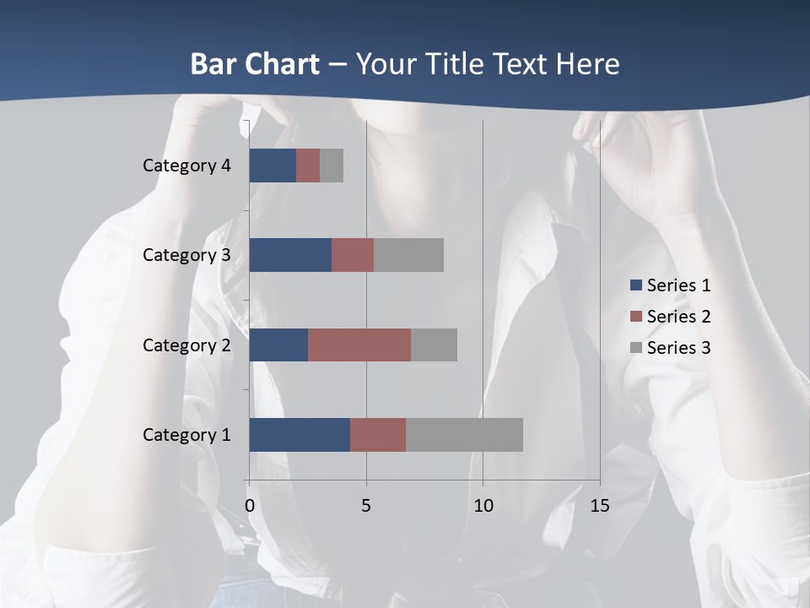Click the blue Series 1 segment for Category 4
tap(273, 166)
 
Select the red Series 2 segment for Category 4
tap(308, 166)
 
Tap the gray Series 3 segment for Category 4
tap(332, 166)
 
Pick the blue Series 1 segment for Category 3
tap(290, 255)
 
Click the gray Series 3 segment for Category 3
tap(408, 255)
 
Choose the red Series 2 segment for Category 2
tap(359, 345)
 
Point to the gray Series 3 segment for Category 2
tap(434, 345)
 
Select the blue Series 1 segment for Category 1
tap(300, 435)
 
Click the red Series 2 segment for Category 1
tap(378, 435)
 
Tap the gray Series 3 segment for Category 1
tap(464, 435)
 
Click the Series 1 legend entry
tap(671, 285)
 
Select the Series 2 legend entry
tap(671, 317)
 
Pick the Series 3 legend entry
tap(671, 347)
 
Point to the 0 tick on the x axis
tap(250, 506)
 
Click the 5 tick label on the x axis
tap(366, 506)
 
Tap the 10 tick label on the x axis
tap(483, 506)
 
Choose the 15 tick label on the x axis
tap(600, 506)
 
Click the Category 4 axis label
tap(186, 166)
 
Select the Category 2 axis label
tap(186, 345)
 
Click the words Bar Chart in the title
tap(255, 64)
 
